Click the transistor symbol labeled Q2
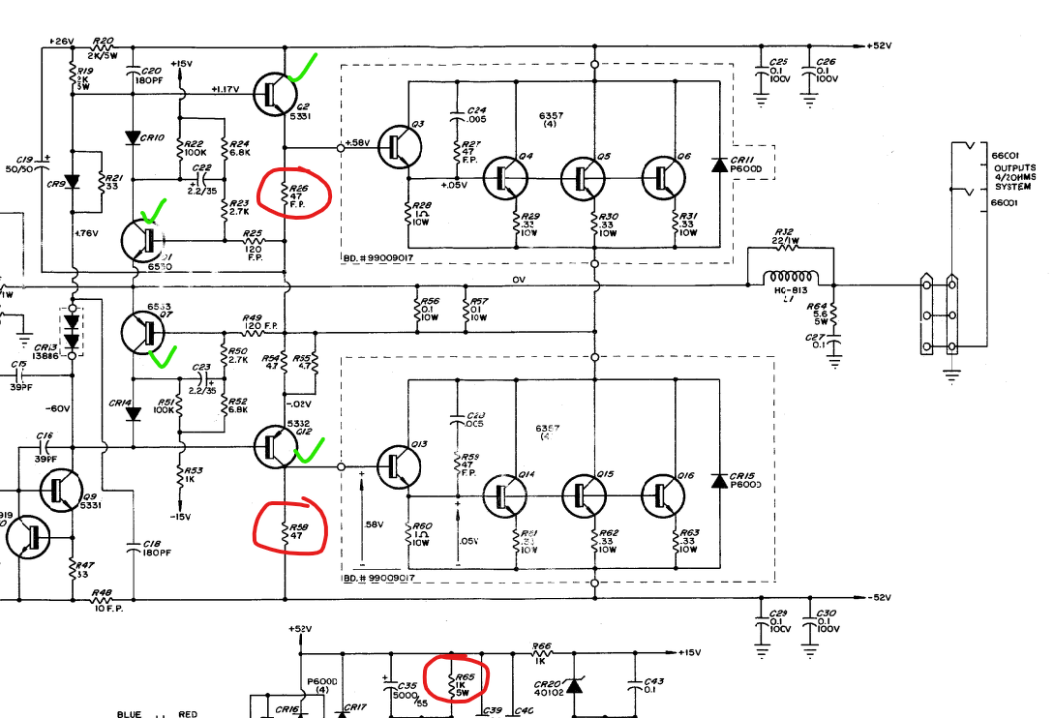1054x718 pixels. pyautogui.click(x=274, y=92)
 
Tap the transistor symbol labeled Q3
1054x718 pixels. pyautogui.click(x=398, y=147)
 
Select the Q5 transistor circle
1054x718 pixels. pyautogui.click(x=583, y=177)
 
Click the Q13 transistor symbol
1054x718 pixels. pyautogui.click(x=398, y=465)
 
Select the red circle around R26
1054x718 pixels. pyautogui.click(x=292, y=190)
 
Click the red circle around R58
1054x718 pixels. pyautogui.click(x=291, y=526)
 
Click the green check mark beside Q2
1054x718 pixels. pyautogui.click(x=305, y=68)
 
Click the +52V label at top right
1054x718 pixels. pyautogui.click(x=879, y=45)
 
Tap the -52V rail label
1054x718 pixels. pyautogui.click(x=879, y=596)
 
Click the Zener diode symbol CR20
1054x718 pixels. pyautogui.click(x=574, y=685)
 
